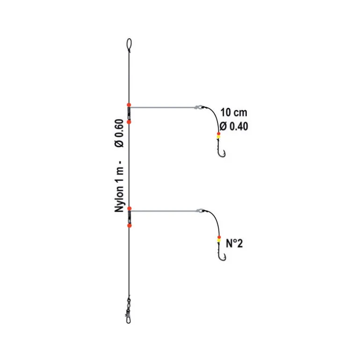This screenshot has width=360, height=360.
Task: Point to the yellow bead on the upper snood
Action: coord(218,137)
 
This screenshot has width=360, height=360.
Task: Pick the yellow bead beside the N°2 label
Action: coord(219,240)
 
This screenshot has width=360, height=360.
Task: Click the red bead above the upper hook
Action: coord(219,134)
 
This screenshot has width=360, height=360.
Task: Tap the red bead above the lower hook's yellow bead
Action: coord(219,237)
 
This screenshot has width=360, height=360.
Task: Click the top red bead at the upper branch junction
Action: coord(129,105)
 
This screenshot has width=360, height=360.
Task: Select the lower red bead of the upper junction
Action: coord(129,122)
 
